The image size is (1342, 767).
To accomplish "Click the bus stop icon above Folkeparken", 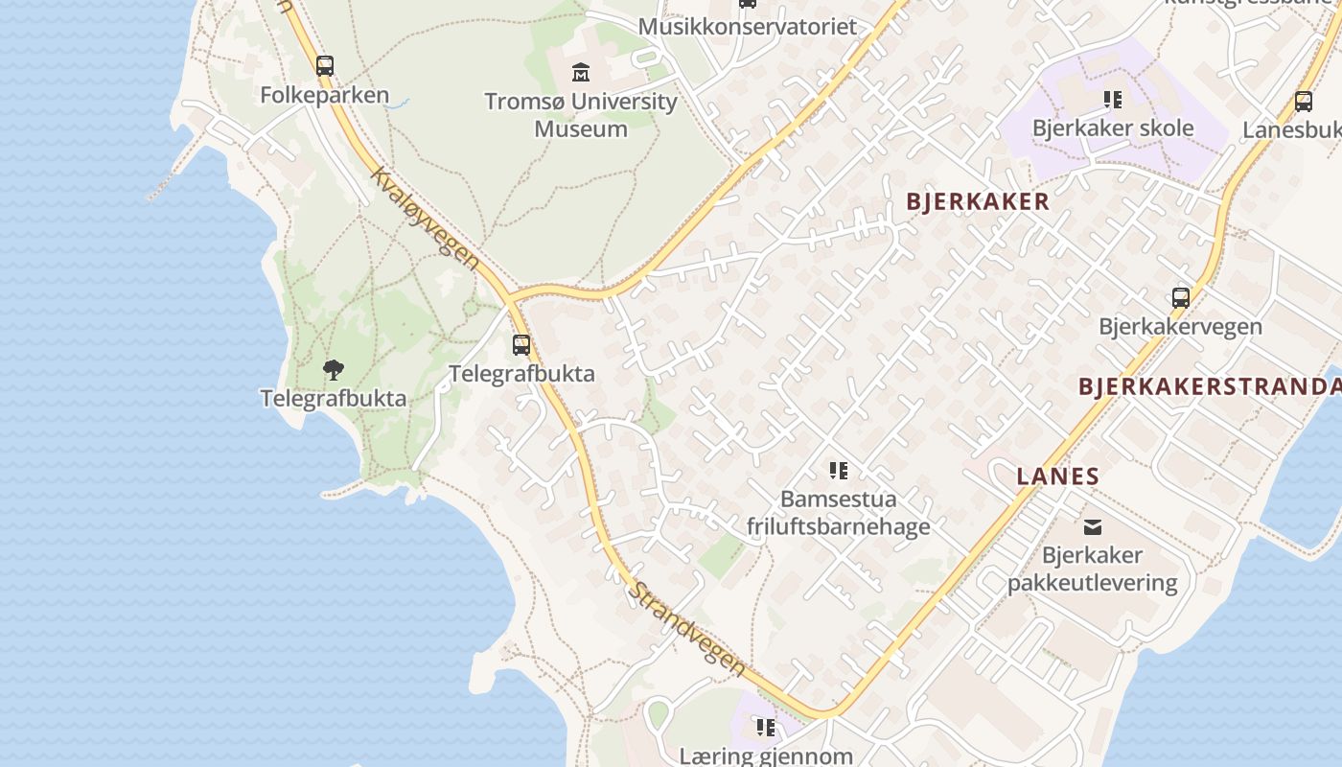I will click(325, 66).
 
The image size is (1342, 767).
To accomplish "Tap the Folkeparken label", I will click(325, 95).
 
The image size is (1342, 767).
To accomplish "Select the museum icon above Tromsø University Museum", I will click(581, 72).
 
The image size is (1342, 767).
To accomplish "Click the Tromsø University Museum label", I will click(581, 114).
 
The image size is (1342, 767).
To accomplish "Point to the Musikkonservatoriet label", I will click(747, 26).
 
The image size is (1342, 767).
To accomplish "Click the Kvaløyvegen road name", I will click(424, 220).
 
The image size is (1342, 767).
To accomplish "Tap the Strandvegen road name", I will click(685, 627).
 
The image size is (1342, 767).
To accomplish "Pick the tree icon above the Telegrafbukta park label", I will click(333, 369).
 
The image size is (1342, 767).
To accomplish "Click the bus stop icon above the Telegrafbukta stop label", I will click(521, 345).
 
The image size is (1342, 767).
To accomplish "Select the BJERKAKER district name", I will click(978, 201).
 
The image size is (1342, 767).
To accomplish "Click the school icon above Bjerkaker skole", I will click(1113, 100).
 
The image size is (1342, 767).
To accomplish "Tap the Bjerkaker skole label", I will click(1113, 128).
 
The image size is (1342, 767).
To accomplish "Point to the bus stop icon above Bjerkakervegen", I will click(1181, 298).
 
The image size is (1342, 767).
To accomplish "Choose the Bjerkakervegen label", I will click(1181, 326).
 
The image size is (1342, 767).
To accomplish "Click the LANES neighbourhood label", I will click(1057, 476).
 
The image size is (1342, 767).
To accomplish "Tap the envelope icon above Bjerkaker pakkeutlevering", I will click(1093, 526).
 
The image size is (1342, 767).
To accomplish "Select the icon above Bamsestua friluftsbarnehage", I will click(839, 471).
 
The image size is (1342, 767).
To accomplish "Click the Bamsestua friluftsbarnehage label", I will click(839, 512).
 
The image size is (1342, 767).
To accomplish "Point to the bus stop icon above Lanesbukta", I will click(1304, 102).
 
